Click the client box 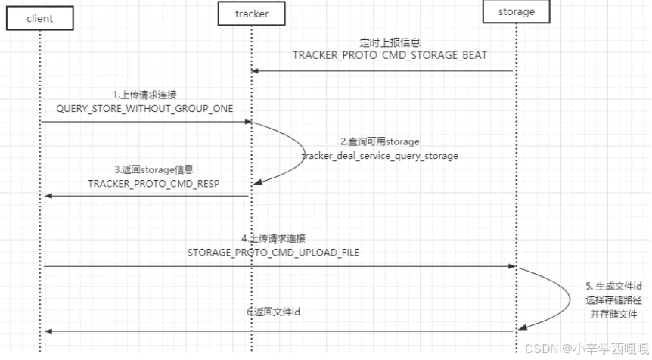tap(40, 18)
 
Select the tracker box tap(252, 14)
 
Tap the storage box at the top tap(516, 11)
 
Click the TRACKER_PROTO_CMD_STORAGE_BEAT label tap(390, 55)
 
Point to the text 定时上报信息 tap(390, 42)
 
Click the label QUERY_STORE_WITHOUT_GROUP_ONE tap(144, 109)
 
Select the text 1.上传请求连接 tap(144, 95)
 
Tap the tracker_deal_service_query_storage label tap(380, 156)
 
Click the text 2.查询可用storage tap(380, 141)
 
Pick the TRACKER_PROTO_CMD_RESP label tap(154, 184)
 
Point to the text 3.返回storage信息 tap(154, 169)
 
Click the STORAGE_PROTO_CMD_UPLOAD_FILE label tap(273, 253)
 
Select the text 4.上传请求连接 tap(273, 239)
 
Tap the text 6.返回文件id tap(273, 312)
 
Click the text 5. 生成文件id tap(613, 287)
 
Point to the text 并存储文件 tap(613, 315)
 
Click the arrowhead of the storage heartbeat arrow tap(255, 71)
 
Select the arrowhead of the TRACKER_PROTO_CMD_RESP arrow tap(48, 196)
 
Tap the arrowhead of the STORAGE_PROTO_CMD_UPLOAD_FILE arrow tap(512, 266)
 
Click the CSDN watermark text tap(587, 349)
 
